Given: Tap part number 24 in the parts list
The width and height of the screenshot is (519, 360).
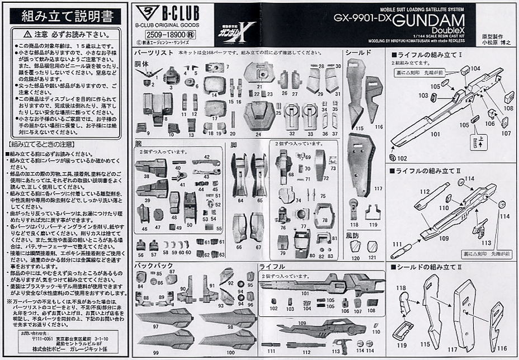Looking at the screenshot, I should click(x=258, y=134).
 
